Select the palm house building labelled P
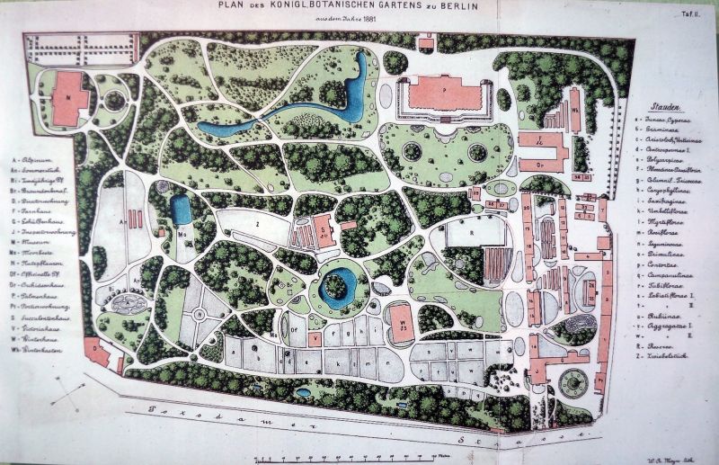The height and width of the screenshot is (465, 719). coord(445,93)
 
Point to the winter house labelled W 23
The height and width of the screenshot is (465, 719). coord(402,323)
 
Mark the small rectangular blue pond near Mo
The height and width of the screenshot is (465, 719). coord(182,210)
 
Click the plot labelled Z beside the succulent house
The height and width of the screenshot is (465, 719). coord(258,219)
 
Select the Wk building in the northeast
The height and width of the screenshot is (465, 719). coord(574,110)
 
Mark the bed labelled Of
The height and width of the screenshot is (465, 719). coord(292,328)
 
